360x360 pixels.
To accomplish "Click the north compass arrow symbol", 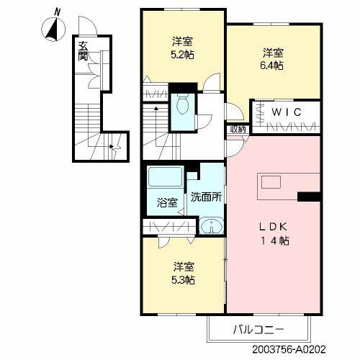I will [x=53, y=29].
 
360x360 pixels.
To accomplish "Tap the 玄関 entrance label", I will [x=83, y=52].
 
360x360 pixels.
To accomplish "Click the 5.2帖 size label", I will [x=182, y=55].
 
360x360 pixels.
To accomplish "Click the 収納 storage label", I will [x=238, y=129].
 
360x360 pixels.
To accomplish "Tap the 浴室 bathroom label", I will [x=168, y=203].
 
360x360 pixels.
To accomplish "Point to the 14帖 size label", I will [x=274, y=242].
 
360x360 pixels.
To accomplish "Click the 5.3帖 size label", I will [x=183, y=279].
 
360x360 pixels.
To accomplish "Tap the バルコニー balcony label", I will [x=259, y=330].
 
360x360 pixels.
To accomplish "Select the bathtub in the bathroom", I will [x=166, y=179].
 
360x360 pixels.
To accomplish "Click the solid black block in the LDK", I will [x=309, y=196].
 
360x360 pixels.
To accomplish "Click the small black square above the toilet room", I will [x=183, y=91].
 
